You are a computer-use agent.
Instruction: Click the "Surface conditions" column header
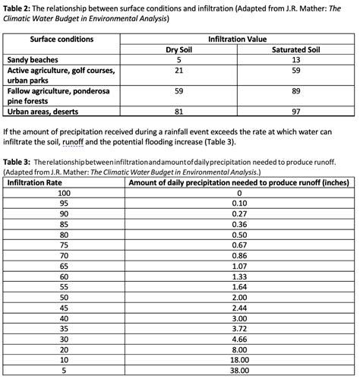pyautogui.click(x=62, y=39)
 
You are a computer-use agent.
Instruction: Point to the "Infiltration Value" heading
pyautogui.click(x=237, y=39)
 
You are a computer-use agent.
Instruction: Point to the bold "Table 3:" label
pyautogui.click(x=19, y=163)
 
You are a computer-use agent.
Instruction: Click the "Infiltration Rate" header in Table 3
pyautogui.click(x=36, y=182)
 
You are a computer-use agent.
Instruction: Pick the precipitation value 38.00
pyautogui.click(x=239, y=371)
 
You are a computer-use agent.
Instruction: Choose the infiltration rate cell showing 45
pyautogui.click(x=64, y=308)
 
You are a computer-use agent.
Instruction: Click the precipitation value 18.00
pyautogui.click(x=239, y=361)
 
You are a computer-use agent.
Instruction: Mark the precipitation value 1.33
pyautogui.click(x=239, y=277)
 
